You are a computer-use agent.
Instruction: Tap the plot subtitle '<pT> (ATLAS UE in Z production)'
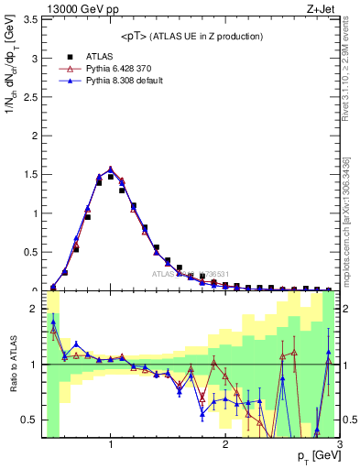click(x=191, y=36)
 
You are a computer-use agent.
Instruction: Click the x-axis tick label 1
click(x=110, y=446)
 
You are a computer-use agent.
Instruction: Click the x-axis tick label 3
click(x=339, y=446)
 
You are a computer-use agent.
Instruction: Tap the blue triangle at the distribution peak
click(x=110, y=169)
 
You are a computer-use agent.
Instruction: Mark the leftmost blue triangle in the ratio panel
click(x=53, y=322)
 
